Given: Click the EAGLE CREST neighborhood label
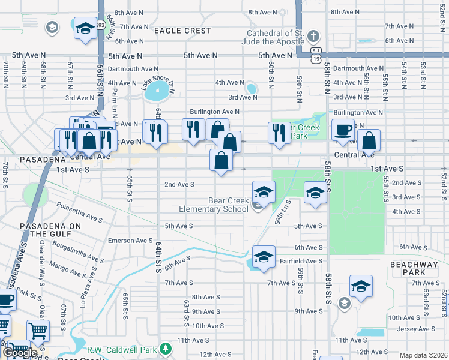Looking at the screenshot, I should (x=182, y=31).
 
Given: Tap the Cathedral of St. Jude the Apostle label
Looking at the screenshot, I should (x=274, y=37).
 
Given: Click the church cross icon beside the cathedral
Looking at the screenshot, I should (x=313, y=37).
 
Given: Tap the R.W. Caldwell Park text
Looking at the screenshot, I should (x=122, y=349).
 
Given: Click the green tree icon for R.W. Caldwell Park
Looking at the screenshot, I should (x=166, y=349).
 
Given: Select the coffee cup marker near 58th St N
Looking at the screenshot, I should (x=343, y=131).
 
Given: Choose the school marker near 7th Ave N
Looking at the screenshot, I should (x=85, y=28).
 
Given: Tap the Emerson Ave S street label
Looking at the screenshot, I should (x=130, y=241).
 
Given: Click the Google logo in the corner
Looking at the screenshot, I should (x=20, y=353).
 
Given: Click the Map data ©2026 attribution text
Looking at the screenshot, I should (x=423, y=355).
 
